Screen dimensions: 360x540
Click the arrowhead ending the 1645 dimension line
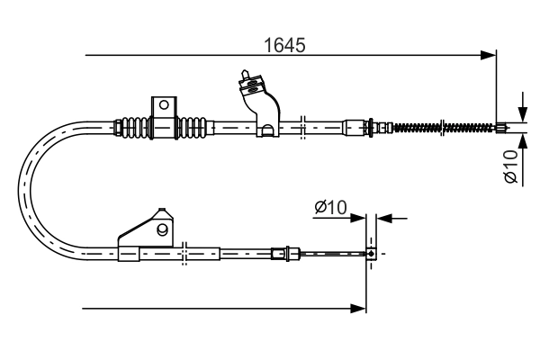[490, 56]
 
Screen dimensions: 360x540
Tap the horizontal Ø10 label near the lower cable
[330, 208]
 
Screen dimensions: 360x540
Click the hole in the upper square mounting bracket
[164, 105]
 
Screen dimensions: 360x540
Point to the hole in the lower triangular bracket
[162, 229]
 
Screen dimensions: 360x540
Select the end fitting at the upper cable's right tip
[502, 127]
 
